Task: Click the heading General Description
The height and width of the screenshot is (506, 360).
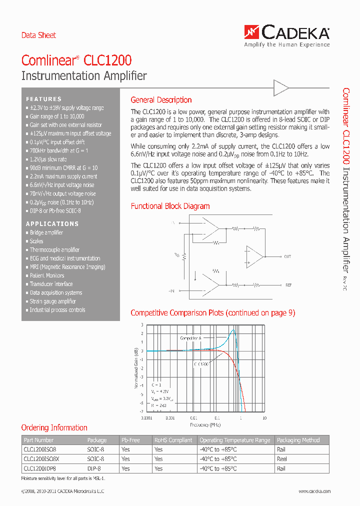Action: pyautogui.click(x=161, y=100)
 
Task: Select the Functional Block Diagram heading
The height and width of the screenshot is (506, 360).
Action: pyautogui.click(x=170, y=206)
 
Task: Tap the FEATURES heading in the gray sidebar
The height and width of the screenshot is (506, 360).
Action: pyautogui.click(x=44, y=99)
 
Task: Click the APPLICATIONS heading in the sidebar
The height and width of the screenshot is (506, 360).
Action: pyautogui.click(x=52, y=223)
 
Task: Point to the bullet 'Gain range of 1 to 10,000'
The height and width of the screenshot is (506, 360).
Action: pyautogui.click(x=56, y=116)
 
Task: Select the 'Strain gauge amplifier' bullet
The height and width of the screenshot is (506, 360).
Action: pyautogui.click(x=52, y=301)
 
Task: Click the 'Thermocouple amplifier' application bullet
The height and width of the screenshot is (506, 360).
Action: pyautogui.click(x=54, y=250)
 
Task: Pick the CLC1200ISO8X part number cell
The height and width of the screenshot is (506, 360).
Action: pyautogui.click(x=41, y=458)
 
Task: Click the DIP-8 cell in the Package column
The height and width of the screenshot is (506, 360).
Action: pyautogui.click(x=94, y=468)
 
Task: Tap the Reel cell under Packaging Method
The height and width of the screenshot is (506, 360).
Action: pyautogui.click(x=282, y=458)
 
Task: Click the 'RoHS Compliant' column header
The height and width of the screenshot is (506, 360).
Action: pyautogui.click(x=173, y=440)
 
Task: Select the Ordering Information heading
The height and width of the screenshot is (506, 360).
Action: pyautogui.click(x=54, y=427)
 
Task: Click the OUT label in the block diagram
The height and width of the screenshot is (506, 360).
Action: pyautogui.click(x=287, y=256)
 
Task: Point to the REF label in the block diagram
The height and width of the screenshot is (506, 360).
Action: pyautogui.click(x=288, y=285)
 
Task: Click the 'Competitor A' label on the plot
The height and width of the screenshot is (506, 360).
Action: pyautogui.click(x=190, y=338)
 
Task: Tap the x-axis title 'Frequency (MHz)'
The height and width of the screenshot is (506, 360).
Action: pyautogui.click(x=205, y=424)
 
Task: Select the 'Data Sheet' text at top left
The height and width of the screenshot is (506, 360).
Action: pyautogui.click(x=38, y=35)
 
